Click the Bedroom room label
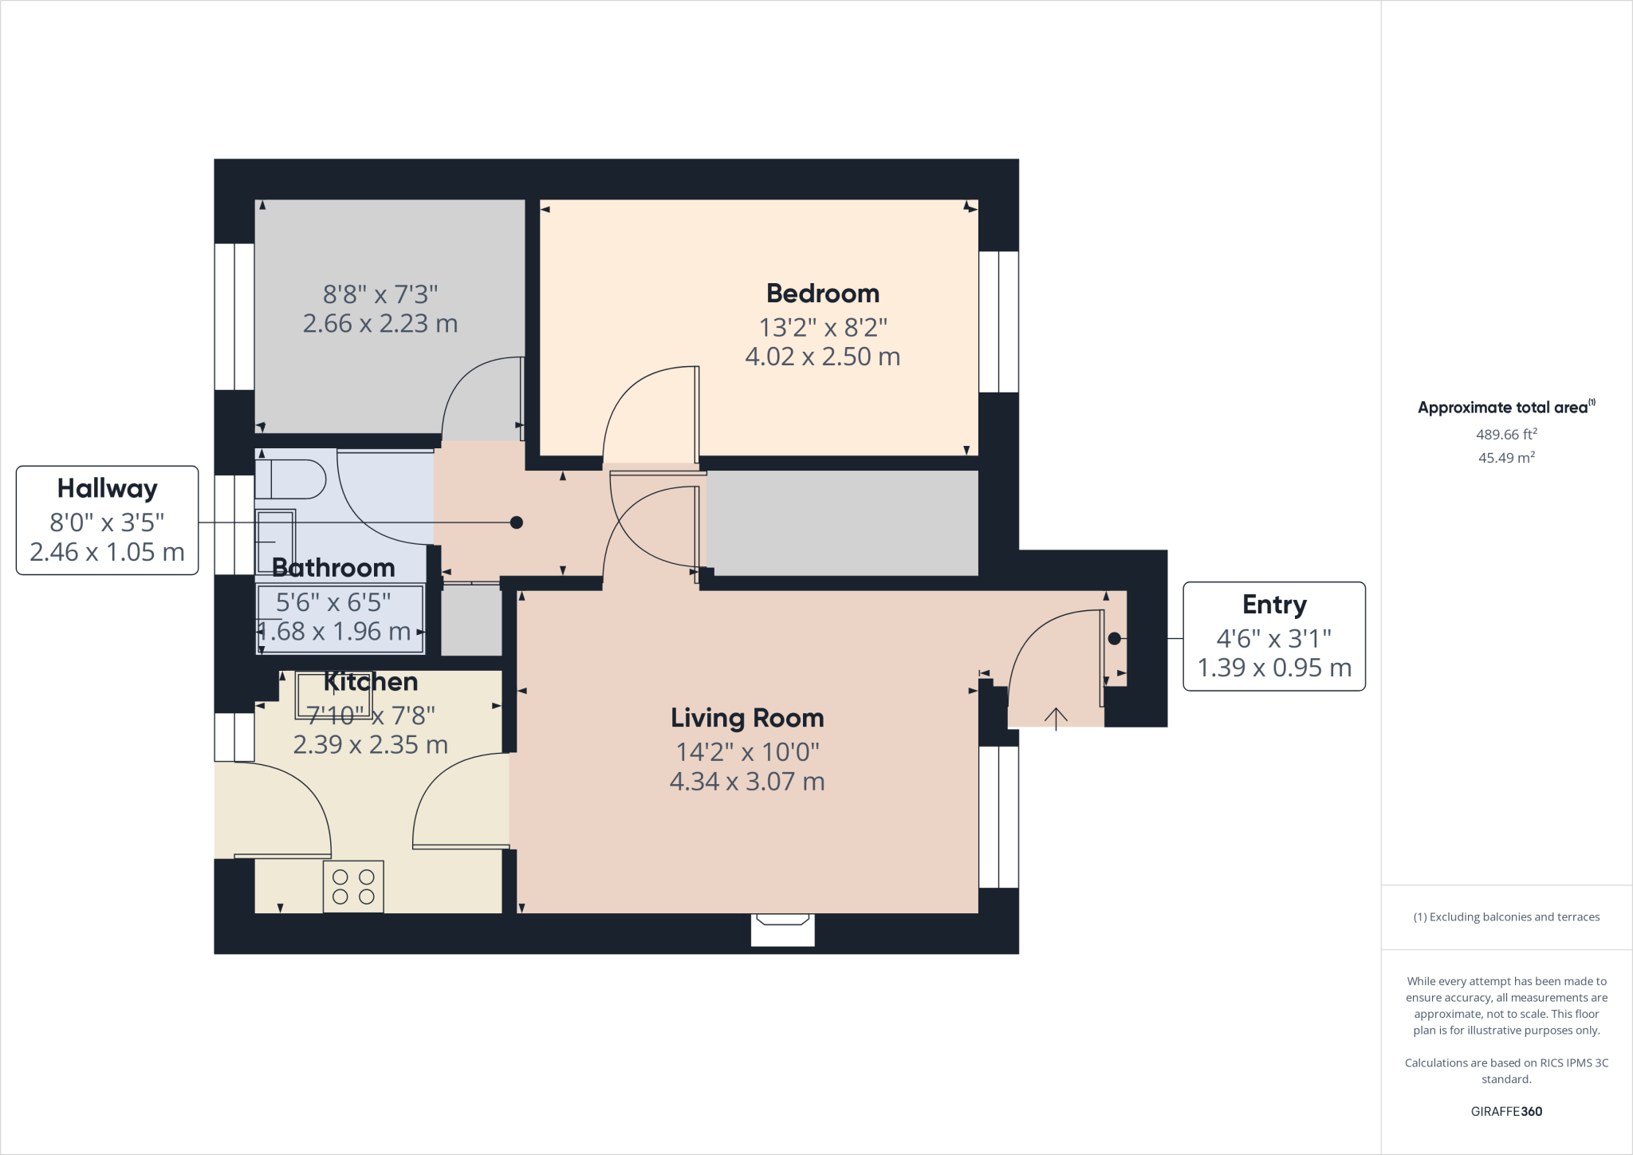(x=822, y=294)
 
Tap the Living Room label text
(x=747, y=718)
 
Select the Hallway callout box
(x=107, y=520)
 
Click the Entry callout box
(x=1273, y=637)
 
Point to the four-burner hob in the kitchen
(x=353, y=886)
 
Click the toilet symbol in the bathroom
(x=291, y=479)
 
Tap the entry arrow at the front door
(x=1056, y=719)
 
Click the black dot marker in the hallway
(x=517, y=522)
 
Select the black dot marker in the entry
(x=1114, y=638)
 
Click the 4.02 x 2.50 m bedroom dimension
(x=822, y=357)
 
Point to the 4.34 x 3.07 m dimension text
(x=747, y=782)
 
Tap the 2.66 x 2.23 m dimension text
(x=380, y=324)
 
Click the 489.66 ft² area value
(x=1506, y=435)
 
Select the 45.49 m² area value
(x=1506, y=458)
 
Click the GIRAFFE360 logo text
(x=1506, y=1111)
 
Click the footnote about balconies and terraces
(x=1506, y=917)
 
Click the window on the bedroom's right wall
(x=998, y=321)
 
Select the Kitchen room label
(x=371, y=682)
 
